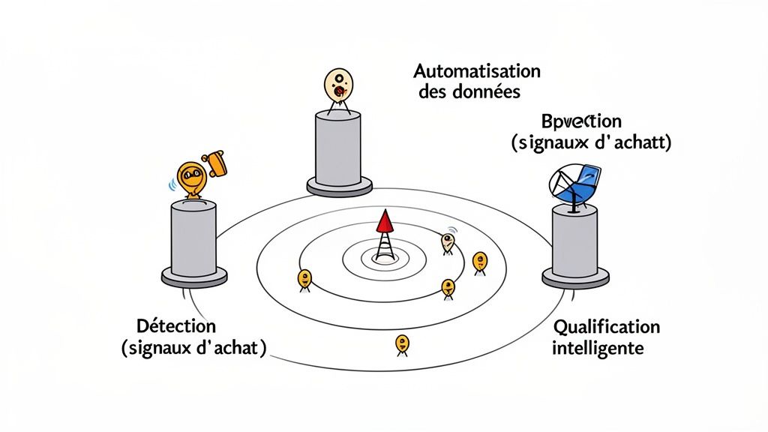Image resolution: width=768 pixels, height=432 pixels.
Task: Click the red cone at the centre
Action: (384, 221)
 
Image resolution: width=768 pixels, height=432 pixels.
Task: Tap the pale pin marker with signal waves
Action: (448, 241)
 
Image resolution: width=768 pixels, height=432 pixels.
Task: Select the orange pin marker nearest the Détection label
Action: (304, 279)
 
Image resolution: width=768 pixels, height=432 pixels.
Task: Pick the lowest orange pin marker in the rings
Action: (402, 343)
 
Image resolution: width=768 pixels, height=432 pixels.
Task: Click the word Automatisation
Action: (477, 72)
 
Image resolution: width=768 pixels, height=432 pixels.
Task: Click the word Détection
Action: (177, 327)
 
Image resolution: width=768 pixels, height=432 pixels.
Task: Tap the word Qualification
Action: (606, 327)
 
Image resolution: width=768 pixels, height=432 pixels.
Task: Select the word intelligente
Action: (598, 349)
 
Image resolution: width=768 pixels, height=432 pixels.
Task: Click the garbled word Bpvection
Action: (581, 121)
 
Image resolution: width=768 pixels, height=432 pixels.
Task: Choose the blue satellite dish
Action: (576, 184)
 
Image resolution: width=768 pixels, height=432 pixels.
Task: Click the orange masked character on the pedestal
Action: (191, 178)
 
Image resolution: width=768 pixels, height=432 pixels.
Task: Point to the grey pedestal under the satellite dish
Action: (575, 244)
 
